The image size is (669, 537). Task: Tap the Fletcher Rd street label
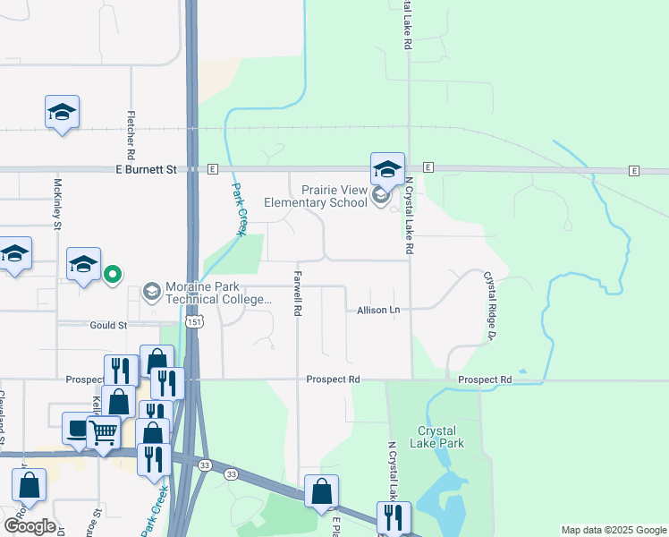point(131,131)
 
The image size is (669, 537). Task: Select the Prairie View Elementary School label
point(322,196)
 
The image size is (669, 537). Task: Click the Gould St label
point(109,326)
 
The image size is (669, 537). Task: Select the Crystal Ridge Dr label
point(489,306)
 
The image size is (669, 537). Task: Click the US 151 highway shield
point(193,321)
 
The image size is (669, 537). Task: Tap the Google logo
point(30,526)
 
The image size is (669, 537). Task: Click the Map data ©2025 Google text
point(613,530)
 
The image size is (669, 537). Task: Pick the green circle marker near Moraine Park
point(113,275)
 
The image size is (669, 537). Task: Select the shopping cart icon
point(104,433)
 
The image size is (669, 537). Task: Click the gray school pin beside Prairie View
point(380,196)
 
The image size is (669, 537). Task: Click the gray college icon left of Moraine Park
point(151,292)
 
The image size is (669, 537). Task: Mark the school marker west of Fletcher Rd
point(62,112)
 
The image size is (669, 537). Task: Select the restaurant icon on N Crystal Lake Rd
point(393,516)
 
